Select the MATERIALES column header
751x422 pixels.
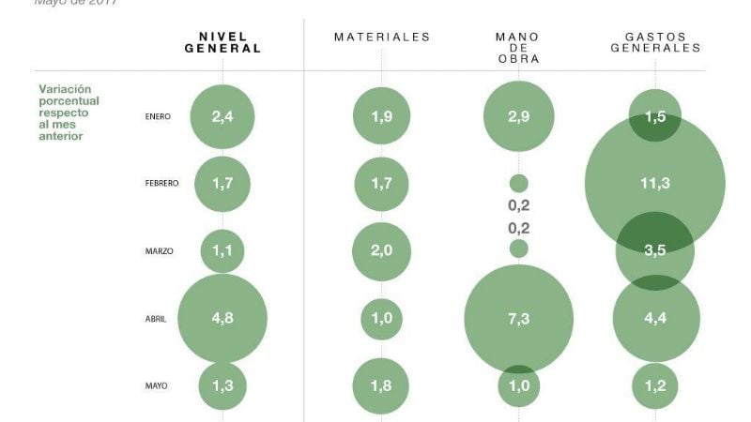[x=382, y=38]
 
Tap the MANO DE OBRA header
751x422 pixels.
[x=517, y=48]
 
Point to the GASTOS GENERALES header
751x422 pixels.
[x=655, y=43]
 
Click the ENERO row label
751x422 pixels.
[x=157, y=117]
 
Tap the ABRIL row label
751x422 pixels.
[x=155, y=319]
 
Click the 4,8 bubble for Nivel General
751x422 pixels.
[x=222, y=318]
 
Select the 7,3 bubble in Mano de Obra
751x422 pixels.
[x=518, y=319]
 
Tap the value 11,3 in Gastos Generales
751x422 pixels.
[x=654, y=184]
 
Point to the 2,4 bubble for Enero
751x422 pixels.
[x=222, y=117]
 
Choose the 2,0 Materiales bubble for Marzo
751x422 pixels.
[x=382, y=251]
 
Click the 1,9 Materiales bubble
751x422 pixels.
[x=382, y=117]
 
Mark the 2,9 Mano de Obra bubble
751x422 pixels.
[x=518, y=116]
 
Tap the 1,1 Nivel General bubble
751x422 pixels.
[x=222, y=251]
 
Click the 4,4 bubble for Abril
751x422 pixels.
[x=655, y=319]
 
